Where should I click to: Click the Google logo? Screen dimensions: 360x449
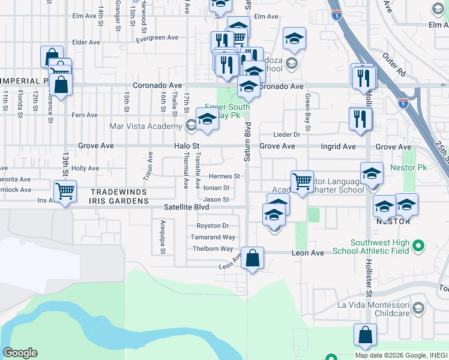(20, 353)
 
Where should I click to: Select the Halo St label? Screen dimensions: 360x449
(186, 146)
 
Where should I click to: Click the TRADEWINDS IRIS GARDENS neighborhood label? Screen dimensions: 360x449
(119, 196)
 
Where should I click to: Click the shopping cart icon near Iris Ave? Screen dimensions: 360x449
(65, 191)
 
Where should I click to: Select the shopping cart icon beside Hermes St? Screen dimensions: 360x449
(302, 181)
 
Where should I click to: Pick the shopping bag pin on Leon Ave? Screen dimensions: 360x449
(253, 259)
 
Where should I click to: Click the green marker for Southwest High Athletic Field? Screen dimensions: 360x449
(420, 245)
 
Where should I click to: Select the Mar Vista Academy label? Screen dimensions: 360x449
(146, 126)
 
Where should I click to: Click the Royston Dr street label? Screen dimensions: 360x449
(213, 226)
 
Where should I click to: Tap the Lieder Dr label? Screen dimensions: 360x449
(286, 135)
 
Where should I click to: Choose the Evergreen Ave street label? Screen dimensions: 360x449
(157, 37)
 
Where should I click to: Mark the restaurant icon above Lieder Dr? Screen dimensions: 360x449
(360, 119)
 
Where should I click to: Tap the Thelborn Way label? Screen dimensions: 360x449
(213, 249)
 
